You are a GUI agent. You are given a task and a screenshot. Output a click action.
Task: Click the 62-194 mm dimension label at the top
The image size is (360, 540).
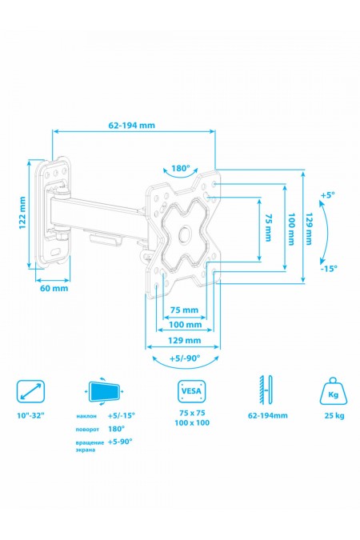[x=133, y=125]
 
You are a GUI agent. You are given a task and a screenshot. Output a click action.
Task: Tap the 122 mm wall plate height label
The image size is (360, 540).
[x=23, y=214]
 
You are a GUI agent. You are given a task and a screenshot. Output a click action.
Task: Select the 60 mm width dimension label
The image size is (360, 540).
[x=54, y=289]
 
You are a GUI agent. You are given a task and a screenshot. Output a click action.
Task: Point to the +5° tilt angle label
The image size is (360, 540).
[x=327, y=194]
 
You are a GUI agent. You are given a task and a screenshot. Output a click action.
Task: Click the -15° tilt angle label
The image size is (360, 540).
[x=327, y=268]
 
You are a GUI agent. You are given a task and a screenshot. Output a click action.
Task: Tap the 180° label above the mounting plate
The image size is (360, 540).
[x=181, y=169]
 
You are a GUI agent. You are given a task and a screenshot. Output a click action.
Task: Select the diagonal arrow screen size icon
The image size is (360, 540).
[x=30, y=392]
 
